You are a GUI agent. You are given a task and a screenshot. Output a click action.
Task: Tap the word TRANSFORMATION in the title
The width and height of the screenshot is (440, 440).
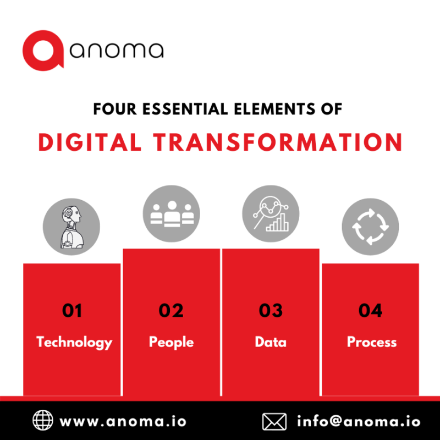pos(278,142)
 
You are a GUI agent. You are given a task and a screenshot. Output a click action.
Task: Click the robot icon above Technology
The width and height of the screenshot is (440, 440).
pos(71,226)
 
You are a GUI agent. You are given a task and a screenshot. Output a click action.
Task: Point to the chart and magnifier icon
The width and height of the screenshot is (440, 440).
pos(271,213)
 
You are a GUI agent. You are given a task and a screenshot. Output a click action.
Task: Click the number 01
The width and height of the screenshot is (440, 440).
pos(72,311)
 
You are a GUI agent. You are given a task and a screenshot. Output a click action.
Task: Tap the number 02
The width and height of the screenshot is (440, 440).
pos(171,311)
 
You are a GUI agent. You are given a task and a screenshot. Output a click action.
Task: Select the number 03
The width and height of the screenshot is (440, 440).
pos(271,311)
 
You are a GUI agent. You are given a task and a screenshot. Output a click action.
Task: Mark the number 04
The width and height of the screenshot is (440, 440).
pos(370,311)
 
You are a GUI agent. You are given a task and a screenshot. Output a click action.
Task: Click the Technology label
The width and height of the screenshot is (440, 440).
pos(74,342)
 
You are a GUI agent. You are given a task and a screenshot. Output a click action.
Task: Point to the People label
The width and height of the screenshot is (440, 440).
pos(171,342)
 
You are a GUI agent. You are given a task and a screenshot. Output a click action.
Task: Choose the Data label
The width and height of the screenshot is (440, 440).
pos(271,342)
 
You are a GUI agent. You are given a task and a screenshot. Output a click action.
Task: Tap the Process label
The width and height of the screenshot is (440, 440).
pos(371,342)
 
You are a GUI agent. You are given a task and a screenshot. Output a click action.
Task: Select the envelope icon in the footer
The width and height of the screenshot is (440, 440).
pos(274,422)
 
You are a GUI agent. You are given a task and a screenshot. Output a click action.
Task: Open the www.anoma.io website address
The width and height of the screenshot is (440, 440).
pos(123,422)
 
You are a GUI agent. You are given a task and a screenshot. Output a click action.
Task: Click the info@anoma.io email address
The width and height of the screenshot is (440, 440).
pos(359,422)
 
